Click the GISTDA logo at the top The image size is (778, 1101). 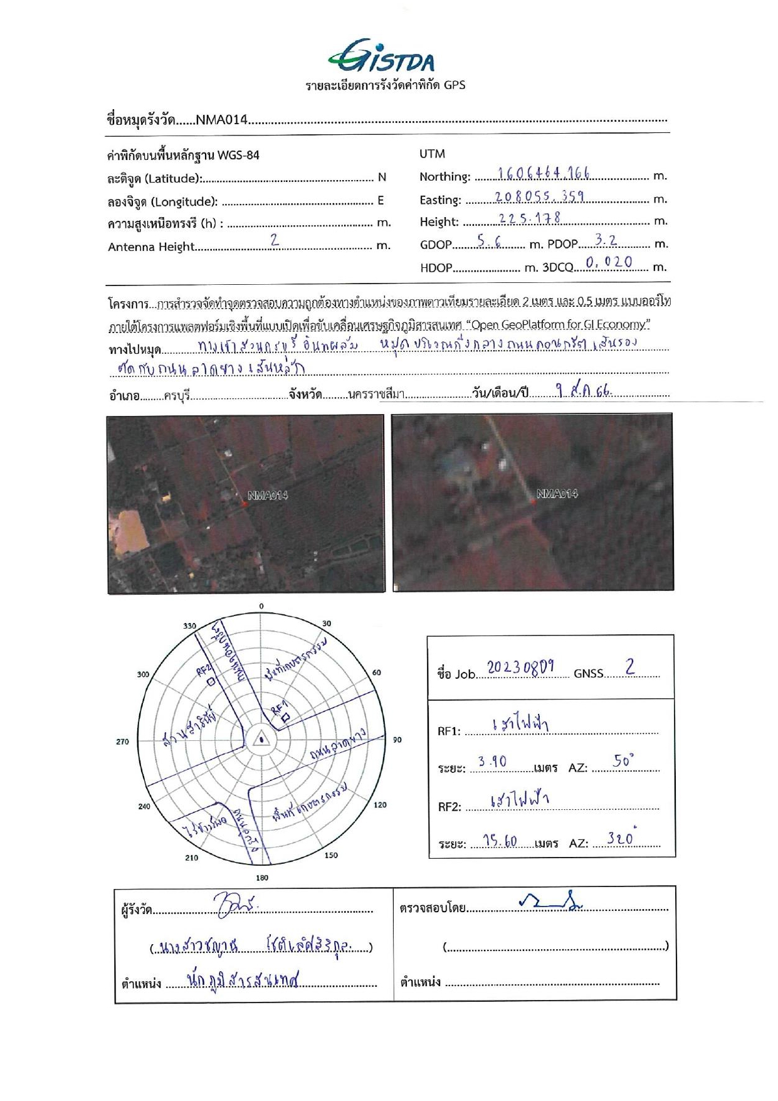point(381,57)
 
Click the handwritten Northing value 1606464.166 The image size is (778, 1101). point(544,174)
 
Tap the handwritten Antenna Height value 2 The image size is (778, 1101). point(274,240)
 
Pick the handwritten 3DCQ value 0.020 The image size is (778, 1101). point(608,263)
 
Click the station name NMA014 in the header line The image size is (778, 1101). point(222,120)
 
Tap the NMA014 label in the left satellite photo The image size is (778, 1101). point(268,496)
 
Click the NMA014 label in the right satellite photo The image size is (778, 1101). point(557,494)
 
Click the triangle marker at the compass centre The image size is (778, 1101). point(260,740)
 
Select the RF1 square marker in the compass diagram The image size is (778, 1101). point(285,716)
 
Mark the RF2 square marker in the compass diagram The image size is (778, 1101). point(211,681)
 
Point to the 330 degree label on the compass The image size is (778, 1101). point(189,625)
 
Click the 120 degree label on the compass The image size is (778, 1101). point(380,805)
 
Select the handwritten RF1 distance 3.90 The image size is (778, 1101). point(492,762)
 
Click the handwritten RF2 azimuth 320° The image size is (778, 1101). point(621,838)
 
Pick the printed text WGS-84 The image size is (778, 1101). point(238,155)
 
